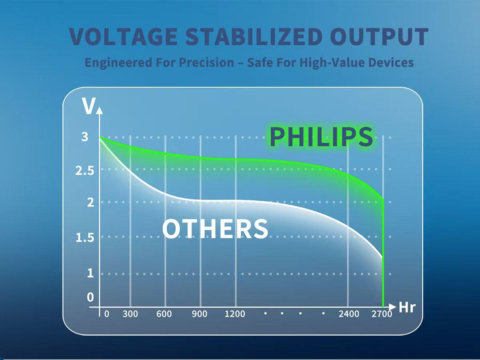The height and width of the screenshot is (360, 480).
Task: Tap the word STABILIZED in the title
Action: [254, 37]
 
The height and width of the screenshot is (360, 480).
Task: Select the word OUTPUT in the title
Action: [380, 37]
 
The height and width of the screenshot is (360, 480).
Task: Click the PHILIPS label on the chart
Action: [321, 137]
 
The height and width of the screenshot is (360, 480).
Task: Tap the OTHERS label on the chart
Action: [215, 229]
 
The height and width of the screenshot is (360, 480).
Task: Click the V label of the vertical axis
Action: [88, 106]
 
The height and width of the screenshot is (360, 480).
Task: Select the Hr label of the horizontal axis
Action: [407, 308]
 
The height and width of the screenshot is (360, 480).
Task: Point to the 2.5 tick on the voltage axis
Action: [85, 171]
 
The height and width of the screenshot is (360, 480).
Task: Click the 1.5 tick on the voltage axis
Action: [85, 238]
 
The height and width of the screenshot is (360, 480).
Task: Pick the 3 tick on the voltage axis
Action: [85, 137]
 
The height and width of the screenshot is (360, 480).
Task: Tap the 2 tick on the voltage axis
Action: [90, 203]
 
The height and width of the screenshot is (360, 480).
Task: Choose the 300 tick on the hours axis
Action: [130, 314]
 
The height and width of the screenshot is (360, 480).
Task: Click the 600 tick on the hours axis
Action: [164, 314]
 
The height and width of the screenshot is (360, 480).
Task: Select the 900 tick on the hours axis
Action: [200, 314]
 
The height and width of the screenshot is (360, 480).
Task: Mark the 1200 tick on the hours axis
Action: [235, 314]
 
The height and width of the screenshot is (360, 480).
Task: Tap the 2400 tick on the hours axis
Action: [349, 314]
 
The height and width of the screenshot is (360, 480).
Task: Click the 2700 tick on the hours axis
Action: [382, 314]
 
